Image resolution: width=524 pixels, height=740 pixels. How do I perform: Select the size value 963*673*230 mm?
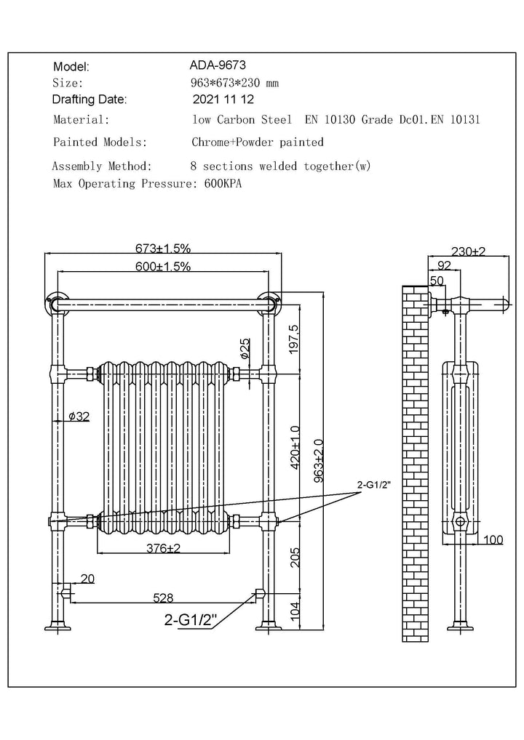coord(234,83)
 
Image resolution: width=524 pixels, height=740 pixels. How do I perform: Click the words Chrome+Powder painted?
coord(257,142)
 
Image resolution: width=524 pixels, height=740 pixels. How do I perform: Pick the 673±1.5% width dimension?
coord(161,248)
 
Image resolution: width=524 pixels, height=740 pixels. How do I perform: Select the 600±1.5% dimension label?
coord(161,267)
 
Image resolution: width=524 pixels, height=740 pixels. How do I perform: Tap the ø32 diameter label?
coord(78,417)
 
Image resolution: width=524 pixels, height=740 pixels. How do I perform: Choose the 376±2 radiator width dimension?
coord(163,549)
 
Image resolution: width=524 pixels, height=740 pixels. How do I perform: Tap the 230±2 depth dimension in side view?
coord(467,252)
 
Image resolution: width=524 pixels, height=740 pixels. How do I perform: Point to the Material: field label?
coord(81,119)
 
